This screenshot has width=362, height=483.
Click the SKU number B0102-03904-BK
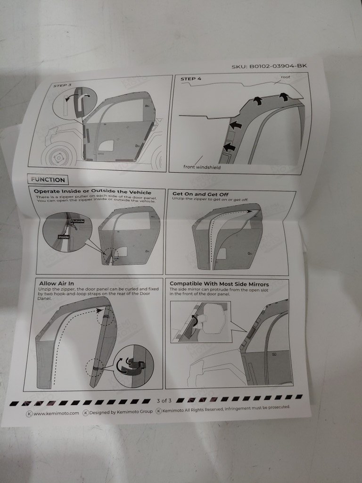point(269,66)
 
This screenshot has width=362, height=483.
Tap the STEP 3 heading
point(62,85)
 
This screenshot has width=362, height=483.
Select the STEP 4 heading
point(191,79)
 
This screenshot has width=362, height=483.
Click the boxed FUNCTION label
point(48,180)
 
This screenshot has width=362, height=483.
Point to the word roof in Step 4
point(285,77)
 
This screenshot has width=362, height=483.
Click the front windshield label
point(202,167)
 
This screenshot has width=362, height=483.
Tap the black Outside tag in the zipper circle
point(77,221)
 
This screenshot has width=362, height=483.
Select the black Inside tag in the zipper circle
point(64,237)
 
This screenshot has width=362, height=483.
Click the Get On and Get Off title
point(200,194)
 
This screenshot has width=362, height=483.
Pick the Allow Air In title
point(57,283)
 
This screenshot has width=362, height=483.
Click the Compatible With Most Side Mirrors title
point(219,284)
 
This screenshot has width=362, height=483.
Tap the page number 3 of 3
point(164,401)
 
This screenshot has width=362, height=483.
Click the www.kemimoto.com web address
point(57,413)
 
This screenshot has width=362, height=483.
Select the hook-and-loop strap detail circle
point(133,366)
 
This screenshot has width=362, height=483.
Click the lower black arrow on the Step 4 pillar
point(229,147)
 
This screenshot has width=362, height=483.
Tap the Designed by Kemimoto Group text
point(121,412)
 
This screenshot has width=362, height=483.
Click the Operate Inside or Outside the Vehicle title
point(92,192)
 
